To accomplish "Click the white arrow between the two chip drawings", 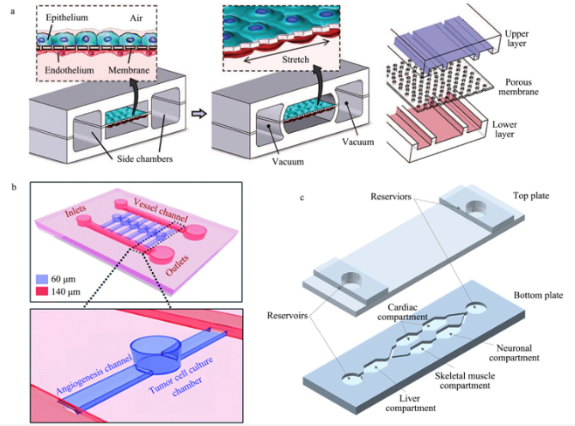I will (198, 113).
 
